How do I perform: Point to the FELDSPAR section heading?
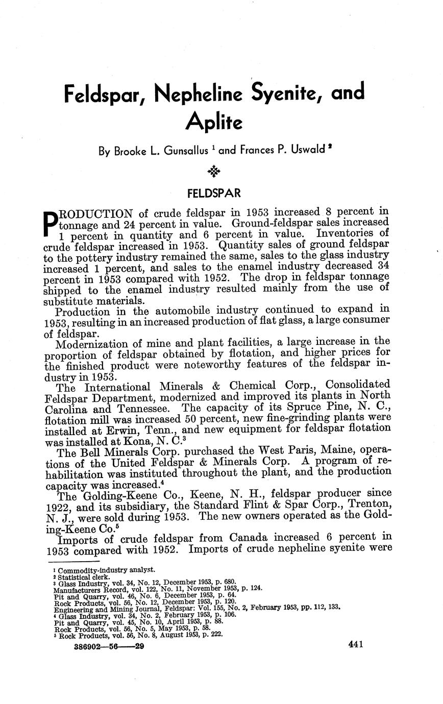(213, 194)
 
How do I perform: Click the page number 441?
(355, 645)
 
